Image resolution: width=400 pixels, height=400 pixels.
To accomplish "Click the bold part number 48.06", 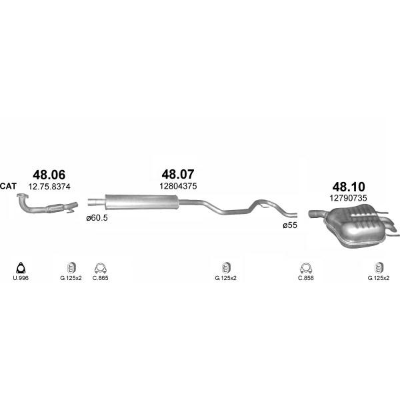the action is (49, 175).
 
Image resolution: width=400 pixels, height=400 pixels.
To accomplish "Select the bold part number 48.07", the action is (178, 174).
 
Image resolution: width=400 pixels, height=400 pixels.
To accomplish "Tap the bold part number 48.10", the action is (349, 187).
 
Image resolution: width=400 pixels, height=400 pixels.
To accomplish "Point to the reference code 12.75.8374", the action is (49, 187).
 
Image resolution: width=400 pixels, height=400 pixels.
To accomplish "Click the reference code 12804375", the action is (178, 186).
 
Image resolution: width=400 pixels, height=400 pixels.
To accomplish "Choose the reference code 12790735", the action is (348, 198).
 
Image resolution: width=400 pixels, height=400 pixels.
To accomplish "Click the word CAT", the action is (8, 186).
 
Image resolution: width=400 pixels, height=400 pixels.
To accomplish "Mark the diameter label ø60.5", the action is (97, 218).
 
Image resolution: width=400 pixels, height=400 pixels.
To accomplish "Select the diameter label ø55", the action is (290, 225).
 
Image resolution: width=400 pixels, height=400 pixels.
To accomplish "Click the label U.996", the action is (21, 278).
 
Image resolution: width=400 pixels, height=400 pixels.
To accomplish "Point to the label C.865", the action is (100, 278).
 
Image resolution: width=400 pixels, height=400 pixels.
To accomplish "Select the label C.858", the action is (305, 278).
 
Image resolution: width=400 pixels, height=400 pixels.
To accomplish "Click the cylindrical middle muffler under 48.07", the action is (141, 201).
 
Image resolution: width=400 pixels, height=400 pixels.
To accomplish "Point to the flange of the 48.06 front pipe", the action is (22, 197).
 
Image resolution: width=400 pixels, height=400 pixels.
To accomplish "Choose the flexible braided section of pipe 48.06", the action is (55, 208).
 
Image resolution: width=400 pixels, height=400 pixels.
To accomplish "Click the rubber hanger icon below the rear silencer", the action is (378, 268).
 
